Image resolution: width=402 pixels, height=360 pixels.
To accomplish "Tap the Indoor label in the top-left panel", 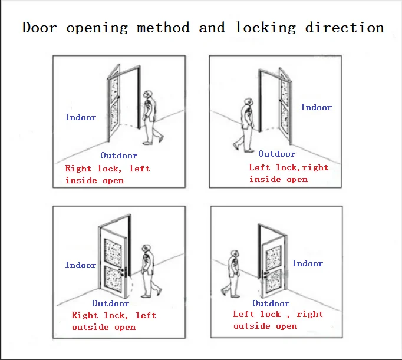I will pos(80,117).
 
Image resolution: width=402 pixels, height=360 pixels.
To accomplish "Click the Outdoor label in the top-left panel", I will pos(118,156).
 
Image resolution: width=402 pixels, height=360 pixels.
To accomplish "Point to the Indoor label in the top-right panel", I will pos(316,107).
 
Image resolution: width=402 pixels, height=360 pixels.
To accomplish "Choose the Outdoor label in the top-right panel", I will pos(276,154).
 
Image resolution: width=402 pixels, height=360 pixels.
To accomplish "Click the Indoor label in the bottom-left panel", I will pos(80,265).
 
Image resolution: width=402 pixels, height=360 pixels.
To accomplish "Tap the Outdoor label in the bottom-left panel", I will pos(110,303).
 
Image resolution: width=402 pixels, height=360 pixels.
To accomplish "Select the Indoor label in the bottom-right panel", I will pos(307,263).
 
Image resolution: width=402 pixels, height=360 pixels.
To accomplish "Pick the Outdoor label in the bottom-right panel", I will pos(271,303).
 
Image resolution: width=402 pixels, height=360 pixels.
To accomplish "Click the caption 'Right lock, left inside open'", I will pos(107,174).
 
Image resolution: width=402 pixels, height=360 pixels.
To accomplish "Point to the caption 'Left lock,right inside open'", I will pos(288,173).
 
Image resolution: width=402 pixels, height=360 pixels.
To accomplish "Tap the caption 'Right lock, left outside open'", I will pos(114,321).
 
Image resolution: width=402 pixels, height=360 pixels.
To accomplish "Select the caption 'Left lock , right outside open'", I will pos(278,320).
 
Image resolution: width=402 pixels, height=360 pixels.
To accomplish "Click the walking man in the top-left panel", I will pos(152,116).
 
